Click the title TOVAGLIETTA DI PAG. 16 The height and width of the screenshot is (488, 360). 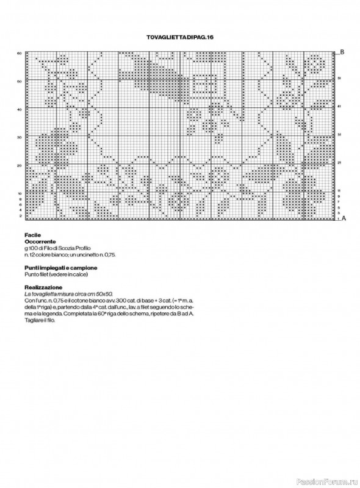(180, 38)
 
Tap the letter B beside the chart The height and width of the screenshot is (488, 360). (342, 52)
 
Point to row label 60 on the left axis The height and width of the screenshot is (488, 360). (20, 54)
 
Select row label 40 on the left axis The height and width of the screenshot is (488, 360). (20, 109)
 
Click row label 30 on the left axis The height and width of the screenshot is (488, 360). (20, 137)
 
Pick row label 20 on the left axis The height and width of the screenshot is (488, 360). (20, 165)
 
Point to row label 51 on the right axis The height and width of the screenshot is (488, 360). (339, 79)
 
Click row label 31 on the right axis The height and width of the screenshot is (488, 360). (339, 134)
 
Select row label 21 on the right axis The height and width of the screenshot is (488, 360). (339, 162)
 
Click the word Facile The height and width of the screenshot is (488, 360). (33, 235)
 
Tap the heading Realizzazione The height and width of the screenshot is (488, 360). (43, 287)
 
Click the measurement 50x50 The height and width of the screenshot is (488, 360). (114, 293)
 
